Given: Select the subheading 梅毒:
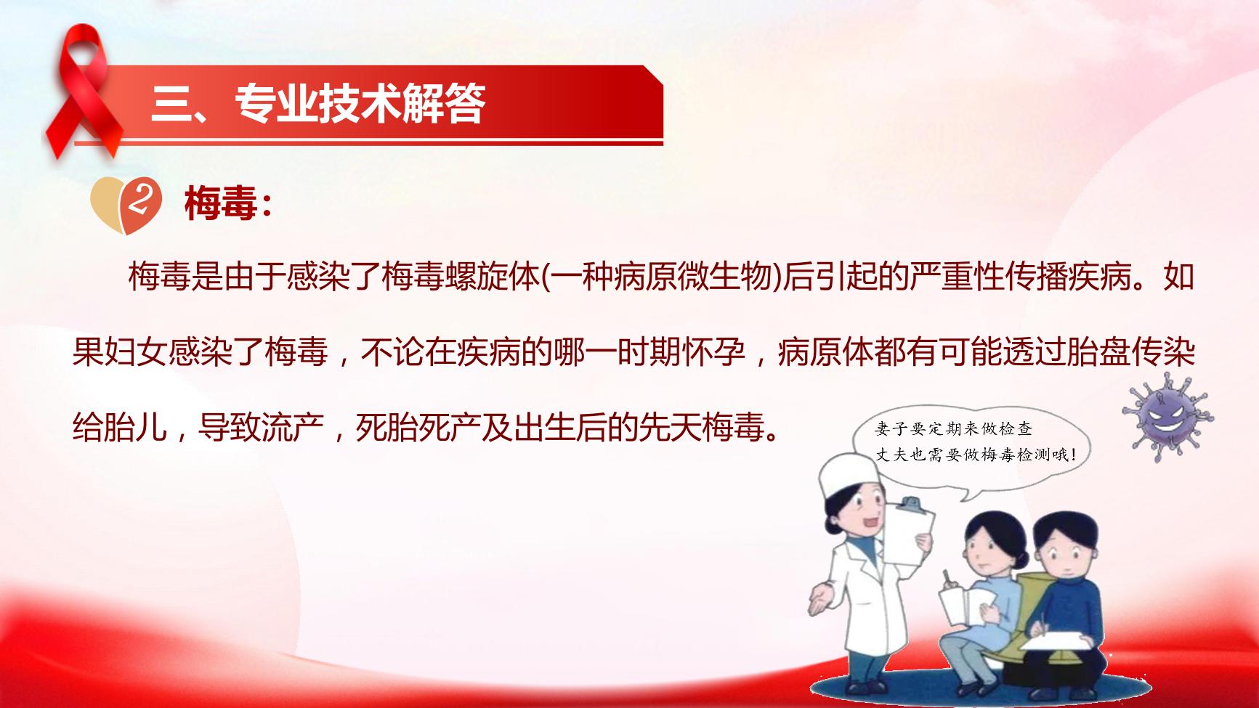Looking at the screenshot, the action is click(227, 204).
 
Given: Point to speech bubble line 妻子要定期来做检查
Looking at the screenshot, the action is click(953, 429).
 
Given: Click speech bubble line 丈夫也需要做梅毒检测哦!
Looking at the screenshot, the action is click(975, 455).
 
